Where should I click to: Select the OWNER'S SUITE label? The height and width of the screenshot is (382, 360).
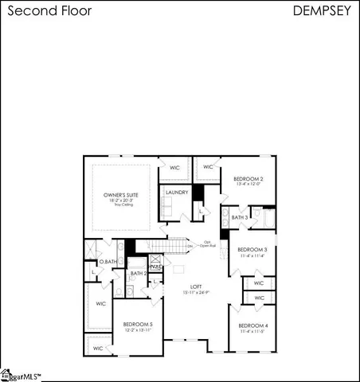122,194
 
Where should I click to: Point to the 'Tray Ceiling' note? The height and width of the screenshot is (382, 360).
122,205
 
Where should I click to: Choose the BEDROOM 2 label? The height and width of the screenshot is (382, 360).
248,179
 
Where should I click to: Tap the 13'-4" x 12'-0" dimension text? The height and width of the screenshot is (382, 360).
248,185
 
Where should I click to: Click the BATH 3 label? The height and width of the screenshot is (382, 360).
240,217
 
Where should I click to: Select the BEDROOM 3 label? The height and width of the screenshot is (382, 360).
252,249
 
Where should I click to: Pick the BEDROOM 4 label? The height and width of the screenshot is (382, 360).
253,326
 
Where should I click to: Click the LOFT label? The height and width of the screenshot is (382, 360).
196,286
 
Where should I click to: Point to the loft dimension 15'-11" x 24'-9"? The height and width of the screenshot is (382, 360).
196,293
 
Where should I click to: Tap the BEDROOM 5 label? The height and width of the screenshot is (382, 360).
138,324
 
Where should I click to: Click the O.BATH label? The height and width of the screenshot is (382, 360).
108,263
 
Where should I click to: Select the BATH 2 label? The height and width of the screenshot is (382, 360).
139,274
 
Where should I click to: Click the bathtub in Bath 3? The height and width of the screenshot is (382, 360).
267,217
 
